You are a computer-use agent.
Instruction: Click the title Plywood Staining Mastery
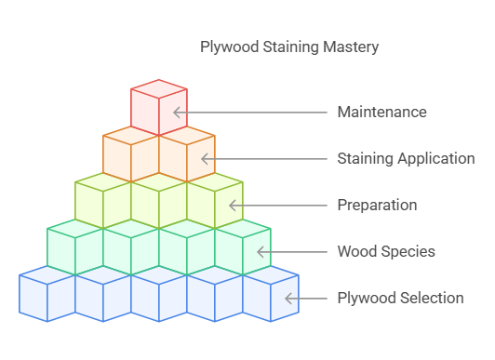click(289, 47)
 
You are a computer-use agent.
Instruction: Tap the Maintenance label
click(381, 112)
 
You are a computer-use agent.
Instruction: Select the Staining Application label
click(406, 158)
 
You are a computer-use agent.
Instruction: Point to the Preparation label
click(377, 205)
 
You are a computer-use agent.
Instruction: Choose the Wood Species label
click(385, 251)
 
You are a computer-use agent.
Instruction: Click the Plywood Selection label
click(400, 298)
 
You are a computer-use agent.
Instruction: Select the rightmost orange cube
click(186, 156)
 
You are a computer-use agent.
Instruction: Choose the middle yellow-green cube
click(158, 202)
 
